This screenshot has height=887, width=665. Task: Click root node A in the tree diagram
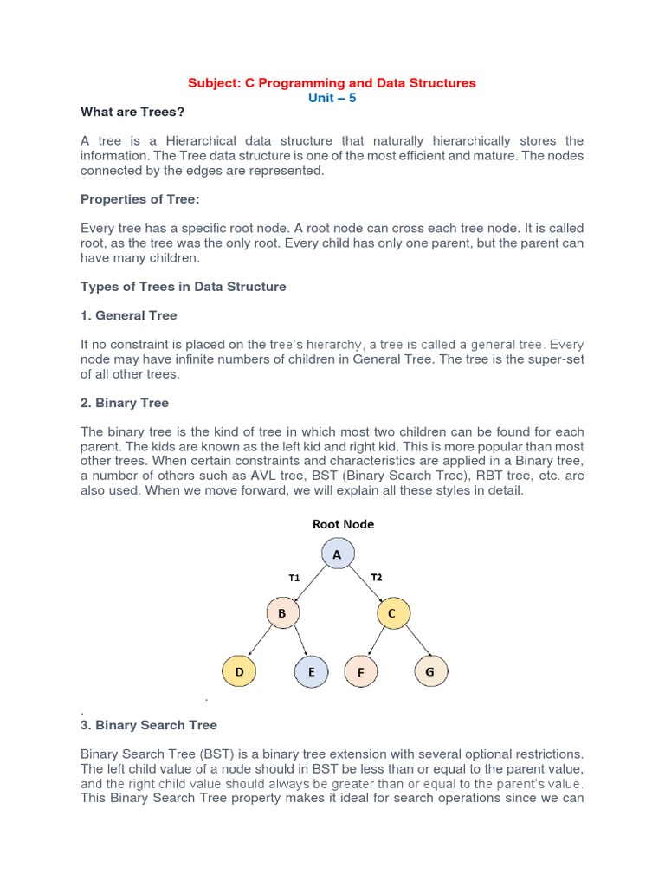[338, 554]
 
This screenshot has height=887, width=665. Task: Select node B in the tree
[281, 613]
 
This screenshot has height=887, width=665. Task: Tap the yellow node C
[392, 613]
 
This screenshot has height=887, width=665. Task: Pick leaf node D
[238, 670]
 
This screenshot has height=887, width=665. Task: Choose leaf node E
[311, 670]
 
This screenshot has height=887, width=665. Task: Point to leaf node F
[360, 670]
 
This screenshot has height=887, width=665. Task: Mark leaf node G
[431, 670]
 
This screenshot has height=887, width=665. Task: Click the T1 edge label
[294, 577]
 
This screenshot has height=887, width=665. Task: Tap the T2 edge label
[376, 577]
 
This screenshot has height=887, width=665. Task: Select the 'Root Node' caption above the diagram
[343, 524]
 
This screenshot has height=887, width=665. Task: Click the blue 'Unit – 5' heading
[332, 98]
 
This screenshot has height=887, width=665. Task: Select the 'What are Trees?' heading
[132, 112]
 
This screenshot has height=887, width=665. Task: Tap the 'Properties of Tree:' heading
[139, 199]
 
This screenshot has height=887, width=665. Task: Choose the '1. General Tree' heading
[129, 315]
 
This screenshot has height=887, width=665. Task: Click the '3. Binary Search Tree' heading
[149, 725]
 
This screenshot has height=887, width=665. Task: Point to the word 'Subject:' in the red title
[212, 83]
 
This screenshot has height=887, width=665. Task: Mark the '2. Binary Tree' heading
[125, 403]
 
